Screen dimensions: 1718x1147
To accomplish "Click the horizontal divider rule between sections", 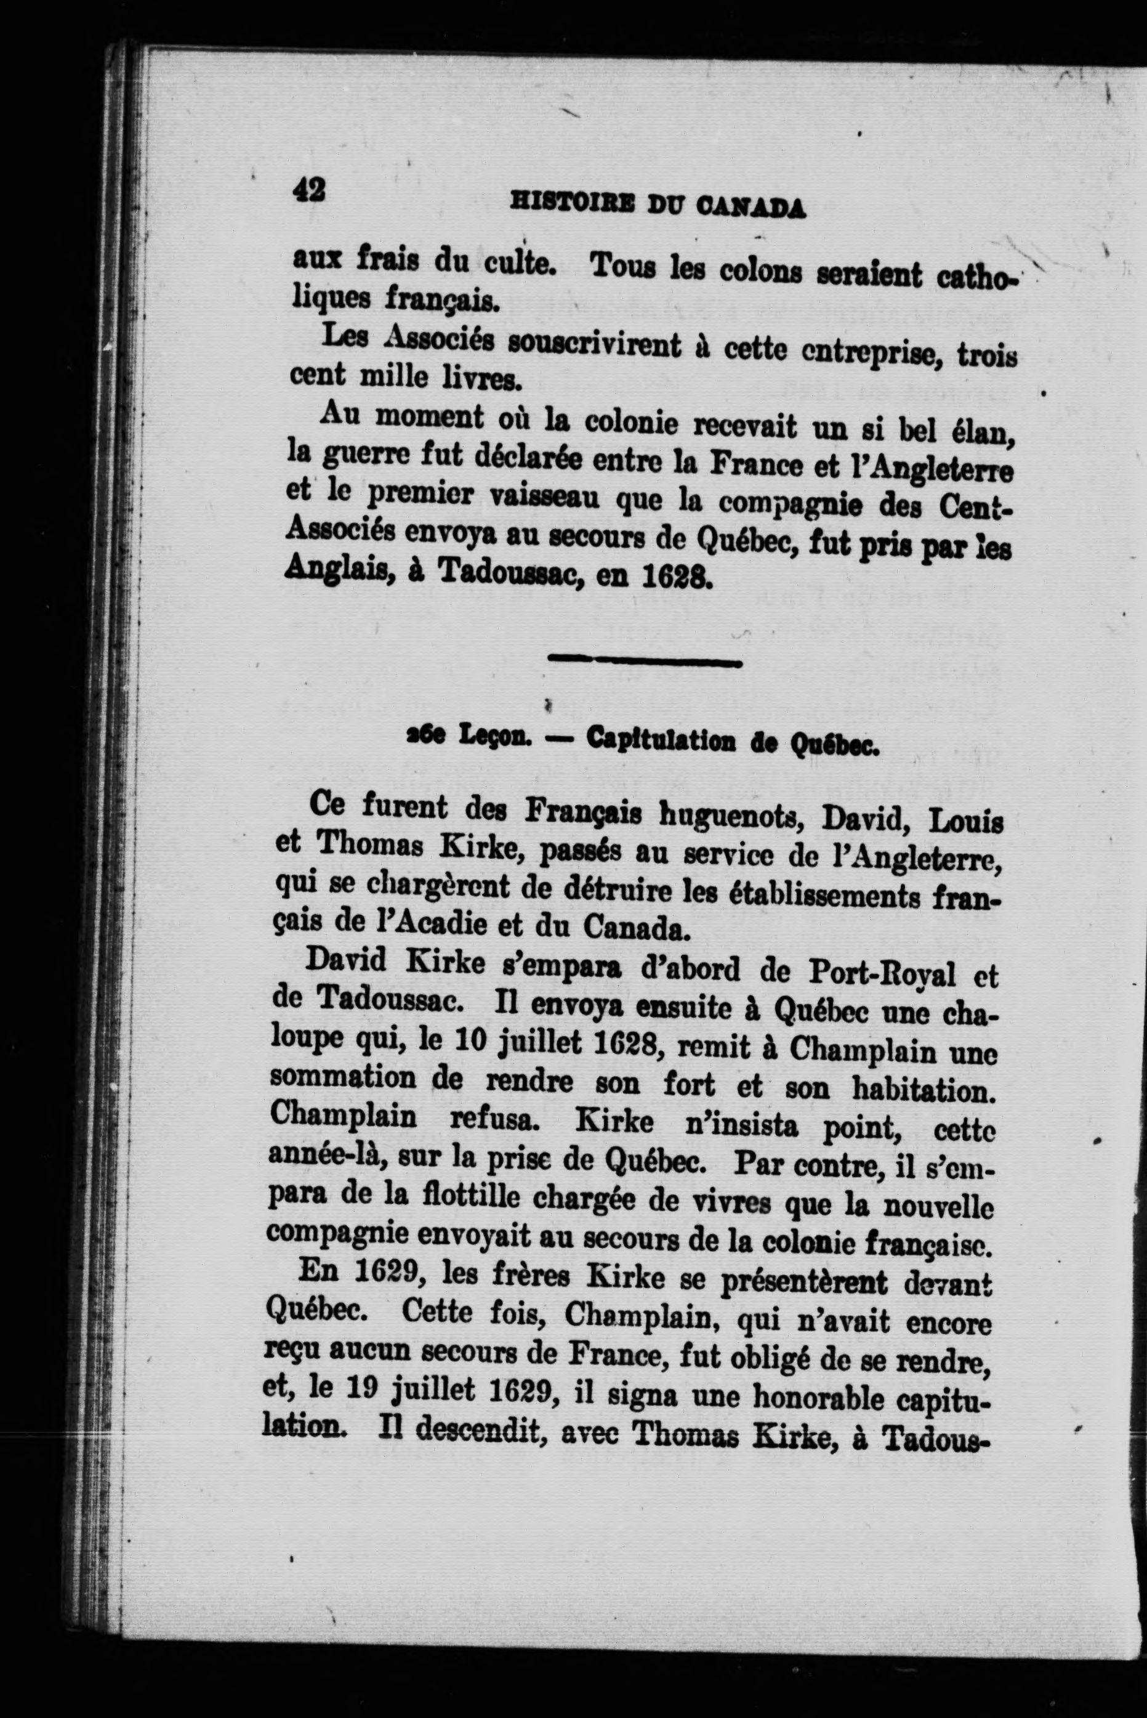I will click(x=645, y=663).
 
